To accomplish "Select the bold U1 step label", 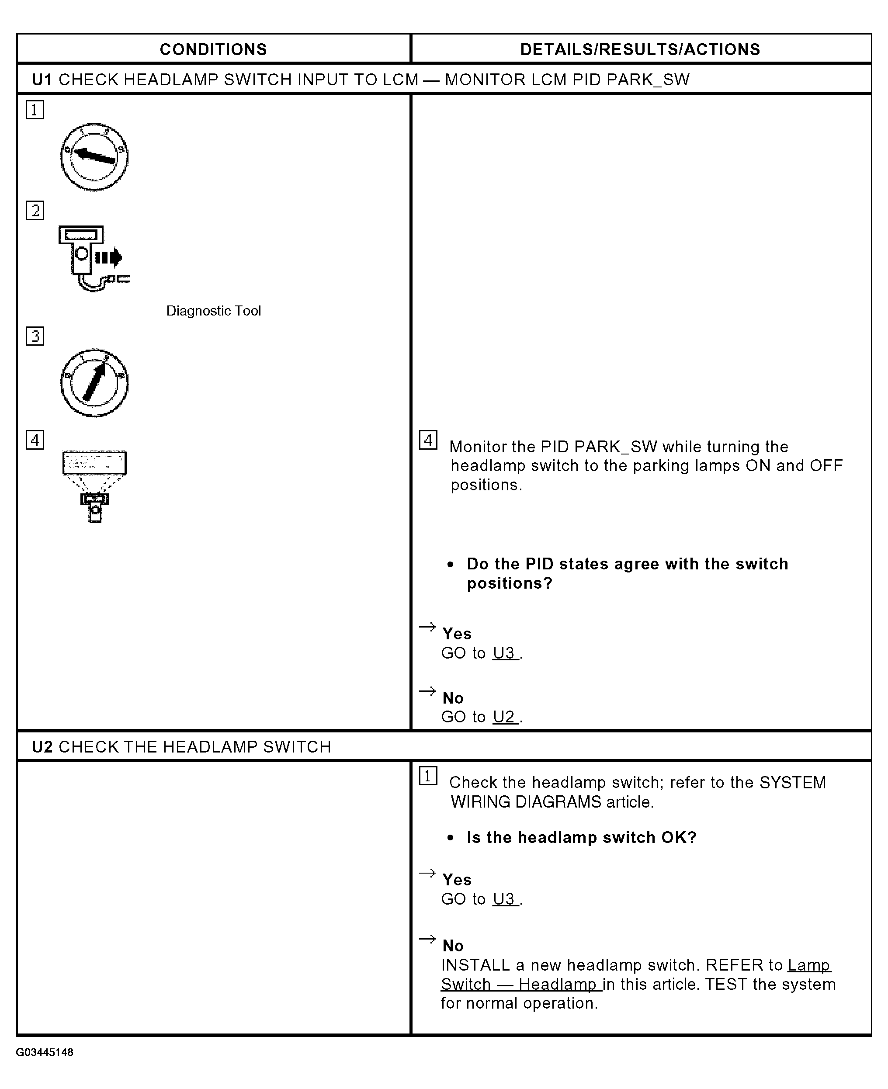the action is [42, 80].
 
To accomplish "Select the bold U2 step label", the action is [42, 747].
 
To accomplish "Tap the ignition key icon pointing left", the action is [94, 156].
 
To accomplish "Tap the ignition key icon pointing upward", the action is [94, 383].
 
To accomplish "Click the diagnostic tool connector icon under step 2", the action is [94, 258].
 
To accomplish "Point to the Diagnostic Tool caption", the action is [213, 311].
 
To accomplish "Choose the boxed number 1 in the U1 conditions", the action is [35, 109].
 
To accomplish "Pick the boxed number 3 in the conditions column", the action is [35, 336].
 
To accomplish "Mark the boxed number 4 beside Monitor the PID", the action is [428, 440].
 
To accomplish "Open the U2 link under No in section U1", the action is [505, 717].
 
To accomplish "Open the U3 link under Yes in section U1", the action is [505, 653].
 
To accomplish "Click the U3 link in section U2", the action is [505, 899].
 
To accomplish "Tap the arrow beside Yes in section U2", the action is [427, 873].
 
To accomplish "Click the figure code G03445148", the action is [45, 1052].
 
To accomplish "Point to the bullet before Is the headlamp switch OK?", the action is [450, 838].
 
